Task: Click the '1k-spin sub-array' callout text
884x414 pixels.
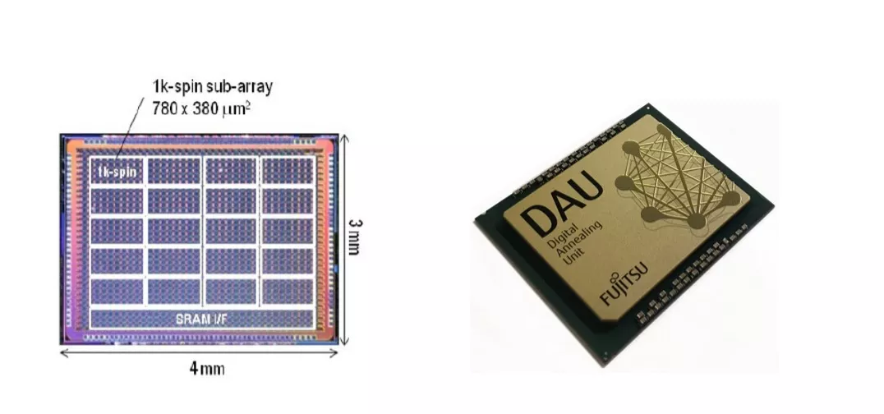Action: coord(213,87)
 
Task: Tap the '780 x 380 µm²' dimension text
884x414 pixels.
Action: coord(201,107)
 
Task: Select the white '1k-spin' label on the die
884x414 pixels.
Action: coord(117,172)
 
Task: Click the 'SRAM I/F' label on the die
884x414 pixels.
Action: coord(202,320)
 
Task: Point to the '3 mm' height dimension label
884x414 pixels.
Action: coord(355,237)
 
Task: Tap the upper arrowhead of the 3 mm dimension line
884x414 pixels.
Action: coord(345,138)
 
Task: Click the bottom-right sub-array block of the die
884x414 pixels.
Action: coord(288,292)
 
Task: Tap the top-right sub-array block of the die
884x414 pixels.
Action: coord(288,170)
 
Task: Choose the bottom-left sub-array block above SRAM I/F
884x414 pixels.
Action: coord(117,292)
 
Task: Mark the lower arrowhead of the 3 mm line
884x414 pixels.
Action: coord(345,340)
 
